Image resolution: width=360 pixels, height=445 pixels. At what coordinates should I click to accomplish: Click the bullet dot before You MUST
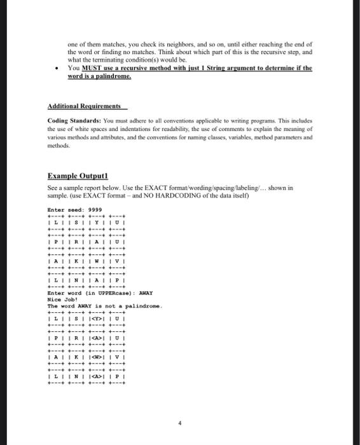coord(57,67)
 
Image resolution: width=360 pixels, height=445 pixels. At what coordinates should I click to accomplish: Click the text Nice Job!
coord(61,300)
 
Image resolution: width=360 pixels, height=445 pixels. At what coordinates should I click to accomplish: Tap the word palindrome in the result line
coord(145,306)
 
